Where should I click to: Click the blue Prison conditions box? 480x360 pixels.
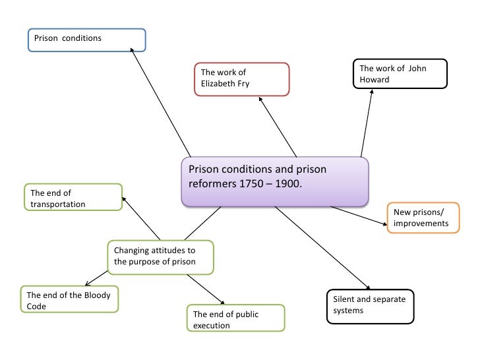pos(86,40)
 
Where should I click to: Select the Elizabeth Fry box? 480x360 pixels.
pos(242,79)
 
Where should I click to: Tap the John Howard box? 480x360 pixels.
pos(400,74)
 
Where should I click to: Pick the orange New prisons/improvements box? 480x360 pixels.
pos(422,218)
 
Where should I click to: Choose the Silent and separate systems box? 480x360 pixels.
pos(371,307)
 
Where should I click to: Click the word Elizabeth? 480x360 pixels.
pos(220,84)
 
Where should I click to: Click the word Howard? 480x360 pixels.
pos(375,80)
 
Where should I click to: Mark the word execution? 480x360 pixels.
pos(212,326)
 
